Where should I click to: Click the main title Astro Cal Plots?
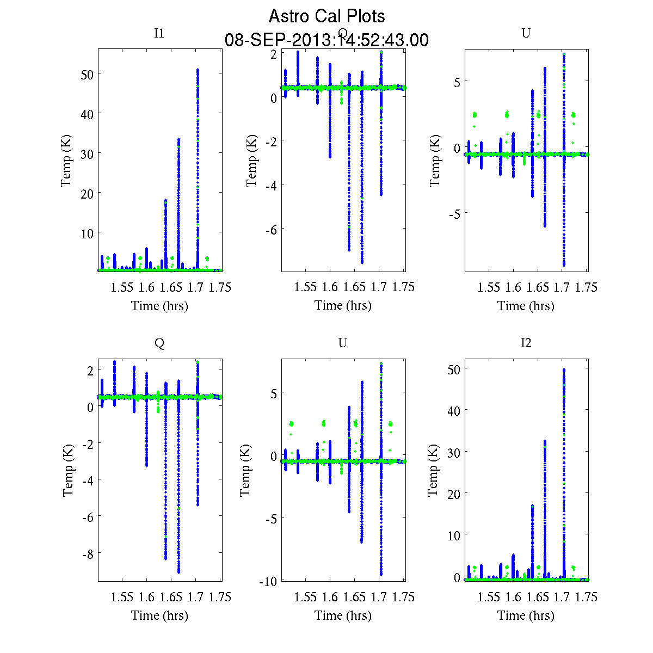point(326,16)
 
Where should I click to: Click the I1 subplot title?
point(159,33)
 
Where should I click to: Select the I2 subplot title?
point(526,343)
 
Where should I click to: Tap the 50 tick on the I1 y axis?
point(87,74)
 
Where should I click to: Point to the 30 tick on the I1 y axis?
point(87,153)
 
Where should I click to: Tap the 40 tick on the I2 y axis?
point(453,410)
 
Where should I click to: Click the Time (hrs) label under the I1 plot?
point(159,306)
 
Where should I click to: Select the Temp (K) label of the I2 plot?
point(433,470)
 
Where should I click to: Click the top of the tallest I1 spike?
point(198,70)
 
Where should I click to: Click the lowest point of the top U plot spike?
point(564,266)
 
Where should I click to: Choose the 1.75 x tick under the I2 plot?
point(586,597)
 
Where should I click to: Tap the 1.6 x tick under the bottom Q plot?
point(146,597)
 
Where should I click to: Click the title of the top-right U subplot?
point(526,33)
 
